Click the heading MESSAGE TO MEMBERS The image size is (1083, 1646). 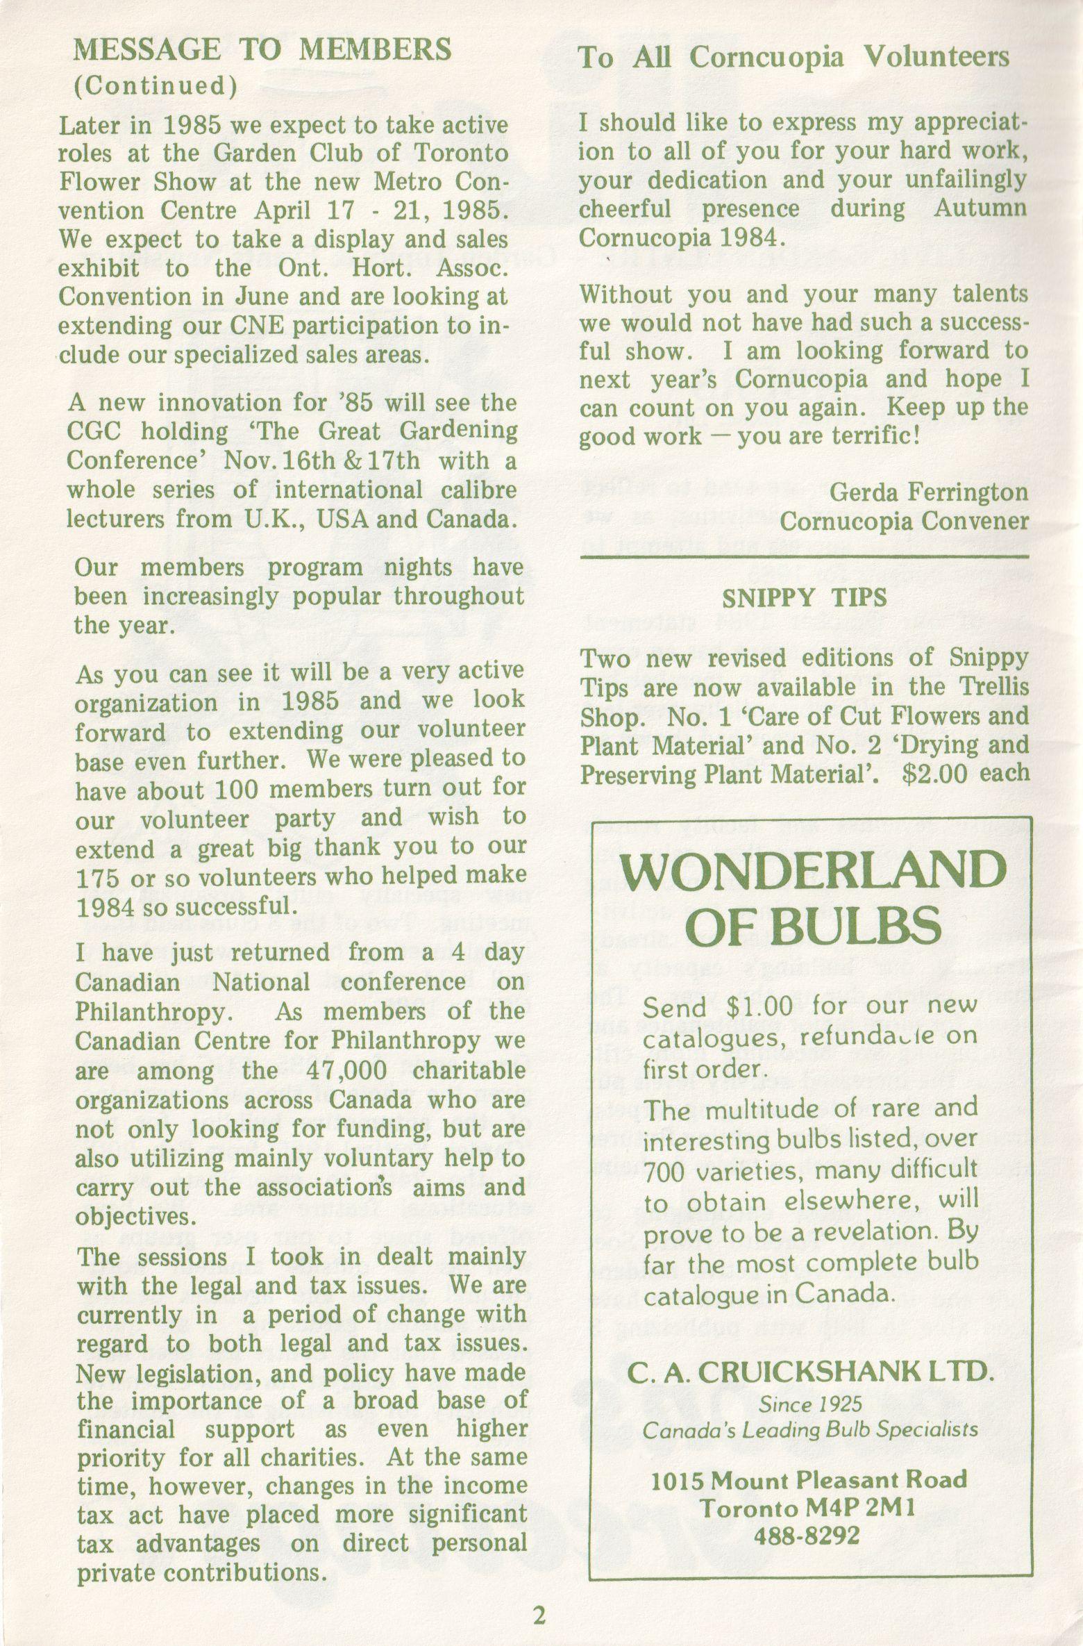tap(263, 49)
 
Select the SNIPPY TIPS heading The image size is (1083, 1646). tap(804, 598)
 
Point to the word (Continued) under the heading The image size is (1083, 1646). tap(156, 86)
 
